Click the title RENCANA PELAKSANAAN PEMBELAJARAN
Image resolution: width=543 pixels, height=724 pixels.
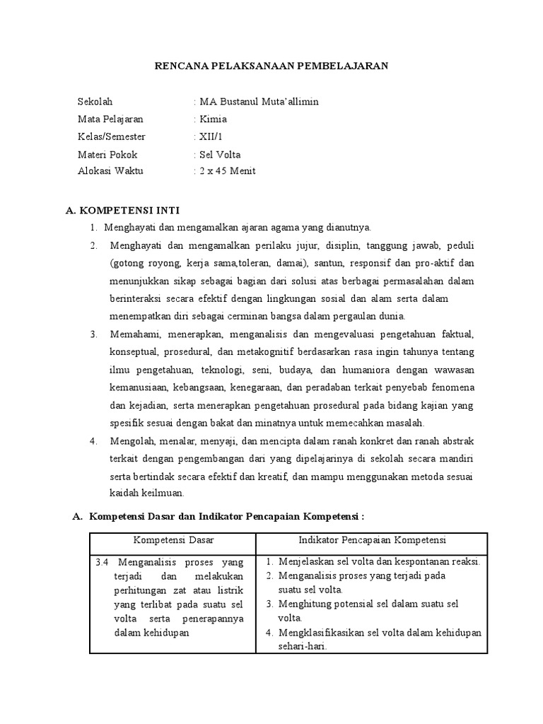click(271, 66)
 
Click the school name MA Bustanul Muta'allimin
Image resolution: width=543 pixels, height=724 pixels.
click(259, 101)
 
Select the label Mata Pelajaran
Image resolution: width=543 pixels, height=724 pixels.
click(110, 119)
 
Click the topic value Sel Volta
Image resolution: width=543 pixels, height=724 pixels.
click(221, 154)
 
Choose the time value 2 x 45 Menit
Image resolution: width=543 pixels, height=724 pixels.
click(228, 171)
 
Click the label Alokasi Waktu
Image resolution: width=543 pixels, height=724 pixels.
click(110, 171)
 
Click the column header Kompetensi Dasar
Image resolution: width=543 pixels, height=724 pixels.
click(173, 541)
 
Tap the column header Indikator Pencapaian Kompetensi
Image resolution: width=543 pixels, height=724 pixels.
click(372, 541)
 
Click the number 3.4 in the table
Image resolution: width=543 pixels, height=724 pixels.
click(102, 563)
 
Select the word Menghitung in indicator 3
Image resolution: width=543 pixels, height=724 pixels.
click(307, 604)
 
